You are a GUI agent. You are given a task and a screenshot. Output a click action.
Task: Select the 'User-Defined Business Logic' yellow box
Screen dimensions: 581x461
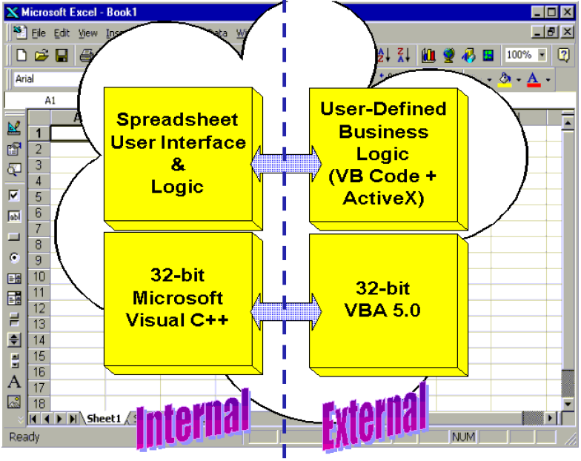tap(382, 154)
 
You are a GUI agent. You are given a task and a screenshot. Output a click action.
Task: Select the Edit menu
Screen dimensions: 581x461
tap(62, 33)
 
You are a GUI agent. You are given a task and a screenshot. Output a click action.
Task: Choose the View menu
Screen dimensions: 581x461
tap(88, 33)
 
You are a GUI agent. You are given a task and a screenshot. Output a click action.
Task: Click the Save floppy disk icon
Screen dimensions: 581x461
tap(62, 55)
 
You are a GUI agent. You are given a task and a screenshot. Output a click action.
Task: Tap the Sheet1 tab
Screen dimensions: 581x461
tap(104, 419)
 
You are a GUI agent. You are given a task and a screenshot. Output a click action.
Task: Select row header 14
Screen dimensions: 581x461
tap(39, 340)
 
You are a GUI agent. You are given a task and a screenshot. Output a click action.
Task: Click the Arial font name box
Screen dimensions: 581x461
tap(44, 79)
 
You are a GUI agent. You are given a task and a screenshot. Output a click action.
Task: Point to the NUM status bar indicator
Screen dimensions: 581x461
tap(463, 437)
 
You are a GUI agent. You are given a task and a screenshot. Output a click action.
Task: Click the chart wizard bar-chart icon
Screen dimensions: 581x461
tap(429, 55)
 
